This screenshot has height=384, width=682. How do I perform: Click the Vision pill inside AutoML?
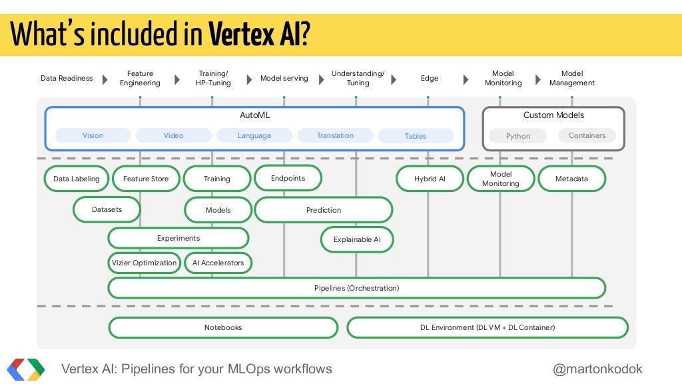(93, 136)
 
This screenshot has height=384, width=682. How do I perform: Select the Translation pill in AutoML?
(335, 136)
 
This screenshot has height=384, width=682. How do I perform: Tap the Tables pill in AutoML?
(416, 136)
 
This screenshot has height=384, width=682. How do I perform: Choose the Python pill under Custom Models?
(518, 136)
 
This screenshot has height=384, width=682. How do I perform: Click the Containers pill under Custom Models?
(587, 136)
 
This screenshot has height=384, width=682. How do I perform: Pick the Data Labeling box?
(77, 179)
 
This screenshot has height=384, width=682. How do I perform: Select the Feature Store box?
(146, 179)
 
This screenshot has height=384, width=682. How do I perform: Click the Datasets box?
(107, 209)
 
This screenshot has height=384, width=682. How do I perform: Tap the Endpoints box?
(288, 178)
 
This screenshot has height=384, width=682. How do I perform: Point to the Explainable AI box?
(357, 239)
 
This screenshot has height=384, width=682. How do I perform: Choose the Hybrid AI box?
(430, 179)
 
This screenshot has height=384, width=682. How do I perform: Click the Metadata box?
(571, 179)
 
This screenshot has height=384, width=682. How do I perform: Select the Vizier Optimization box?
(145, 263)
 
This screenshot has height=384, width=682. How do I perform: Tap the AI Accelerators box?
(218, 263)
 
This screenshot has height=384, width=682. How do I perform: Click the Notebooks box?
(223, 327)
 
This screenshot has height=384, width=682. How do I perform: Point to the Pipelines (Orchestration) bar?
(356, 288)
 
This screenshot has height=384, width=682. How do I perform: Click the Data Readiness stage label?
(67, 79)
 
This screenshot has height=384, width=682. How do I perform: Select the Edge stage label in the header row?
(430, 79)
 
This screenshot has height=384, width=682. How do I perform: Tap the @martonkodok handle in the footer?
(598, 369)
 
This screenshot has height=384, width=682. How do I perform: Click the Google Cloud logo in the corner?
(26, 369)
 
